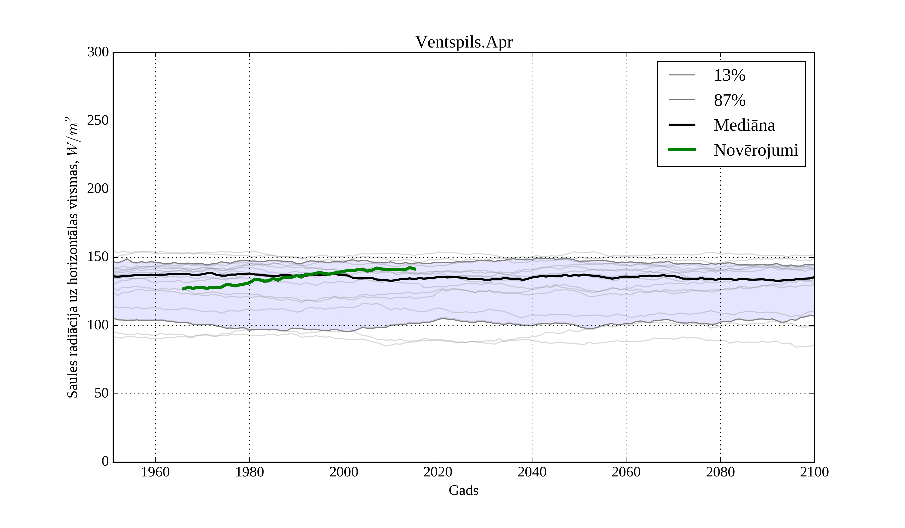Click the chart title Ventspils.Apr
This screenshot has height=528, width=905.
click(x=464, y=42)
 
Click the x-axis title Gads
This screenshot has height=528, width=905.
click(x=463, y=490)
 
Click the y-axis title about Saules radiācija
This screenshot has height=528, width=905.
click(x=73, y=257)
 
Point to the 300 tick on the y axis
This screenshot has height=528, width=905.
click(x=98, y=53)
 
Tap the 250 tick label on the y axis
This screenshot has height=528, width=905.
click(x=98, y=121)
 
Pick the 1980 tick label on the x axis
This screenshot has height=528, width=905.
click(x=250, y=472)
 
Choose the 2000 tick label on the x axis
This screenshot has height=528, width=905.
click(x=344, y=472)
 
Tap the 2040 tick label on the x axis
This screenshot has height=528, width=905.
click(x=532, y=472)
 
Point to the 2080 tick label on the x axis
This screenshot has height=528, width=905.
click(x=720, y=472)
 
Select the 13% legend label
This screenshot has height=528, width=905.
click(x=729, y=75)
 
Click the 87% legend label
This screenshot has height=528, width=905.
click(x=729, y=100)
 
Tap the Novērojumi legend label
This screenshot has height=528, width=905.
click(x=756, y=150)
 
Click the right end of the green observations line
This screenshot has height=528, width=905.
click(x=415, y=269)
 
